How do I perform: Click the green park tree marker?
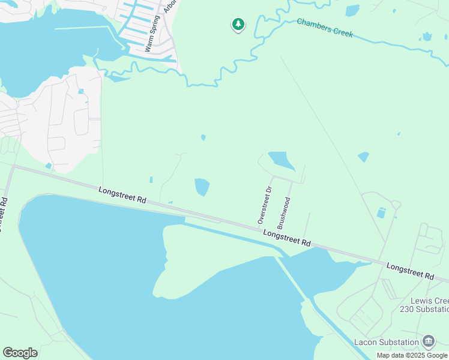point(238,25)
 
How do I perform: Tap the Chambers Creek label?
point(325,28)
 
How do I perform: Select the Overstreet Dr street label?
point(265,205)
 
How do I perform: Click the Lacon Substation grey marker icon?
point(429,341)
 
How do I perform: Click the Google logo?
point(20,353)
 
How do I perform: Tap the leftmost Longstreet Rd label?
point(122,194)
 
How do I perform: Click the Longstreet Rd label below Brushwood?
point(287,239)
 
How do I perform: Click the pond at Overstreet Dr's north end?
point(281,160)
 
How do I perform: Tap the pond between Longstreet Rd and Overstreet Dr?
point(202,187)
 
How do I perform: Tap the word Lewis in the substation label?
point(421,301)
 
